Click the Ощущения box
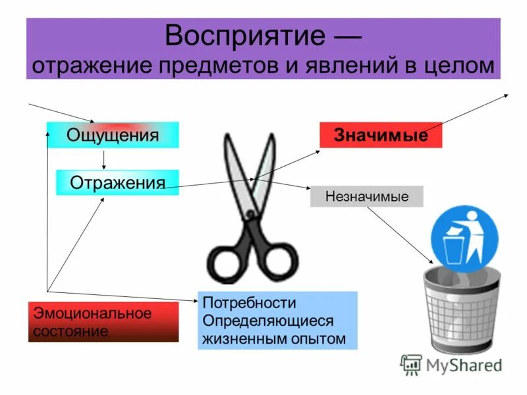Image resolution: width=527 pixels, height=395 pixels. pyautogui.click(x=113, y=135)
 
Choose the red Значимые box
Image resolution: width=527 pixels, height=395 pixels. pyautogui.click(x=381, y=135)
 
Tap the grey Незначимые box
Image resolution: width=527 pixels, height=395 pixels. pyautogui.click(x=367, y=196)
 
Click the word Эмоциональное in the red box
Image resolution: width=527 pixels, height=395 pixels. pyautogui.click(x=92, y=313)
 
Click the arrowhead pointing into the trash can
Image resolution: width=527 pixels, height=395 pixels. pyautogui.click(x=428, y=262)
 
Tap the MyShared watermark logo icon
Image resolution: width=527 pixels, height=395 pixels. pyautogui.click(x=412, y=364)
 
